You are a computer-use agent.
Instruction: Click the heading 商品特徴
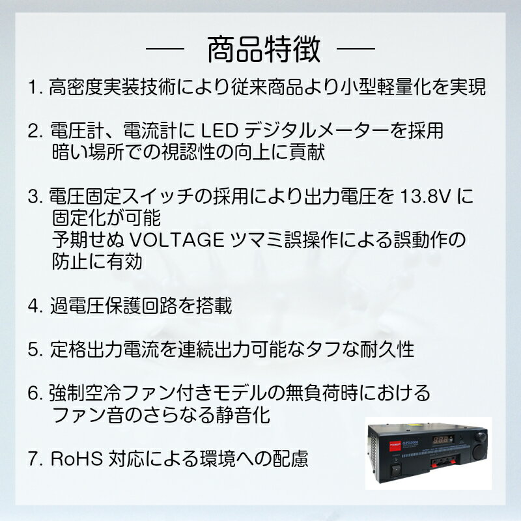pos(263,50)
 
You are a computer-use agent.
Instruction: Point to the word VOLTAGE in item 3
pos(175,240)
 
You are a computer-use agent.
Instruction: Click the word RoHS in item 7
pos(73,459)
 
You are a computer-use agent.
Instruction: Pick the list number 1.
pos(35,87)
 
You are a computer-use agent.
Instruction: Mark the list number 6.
pos(35,393)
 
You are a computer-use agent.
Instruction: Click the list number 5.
pos(35,349)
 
